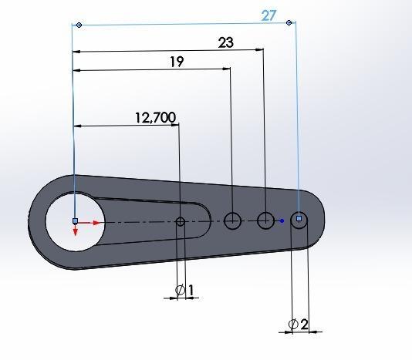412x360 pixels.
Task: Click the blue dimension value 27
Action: [268, 15]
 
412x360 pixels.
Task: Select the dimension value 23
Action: [225, 43]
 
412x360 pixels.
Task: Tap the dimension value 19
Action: [177, 62]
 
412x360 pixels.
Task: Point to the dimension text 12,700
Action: [155, 117]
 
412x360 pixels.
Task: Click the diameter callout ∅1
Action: [184, 290]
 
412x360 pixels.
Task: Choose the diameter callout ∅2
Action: [299, 325]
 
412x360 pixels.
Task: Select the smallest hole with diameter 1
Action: [181, 222]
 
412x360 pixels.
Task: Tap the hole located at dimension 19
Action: [232, 221]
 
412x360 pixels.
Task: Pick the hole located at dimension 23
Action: [265, 221]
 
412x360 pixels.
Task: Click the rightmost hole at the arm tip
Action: [299, 220]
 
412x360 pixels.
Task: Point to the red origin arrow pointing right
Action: [94, 222]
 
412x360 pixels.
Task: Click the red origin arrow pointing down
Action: [75, 234]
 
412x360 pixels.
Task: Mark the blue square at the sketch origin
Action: [75, 221]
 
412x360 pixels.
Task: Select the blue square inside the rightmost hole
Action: [299, 219]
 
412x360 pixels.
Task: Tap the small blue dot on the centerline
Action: [282, 221]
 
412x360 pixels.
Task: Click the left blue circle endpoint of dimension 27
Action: [79, 25]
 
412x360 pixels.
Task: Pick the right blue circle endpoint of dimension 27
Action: [289, 23]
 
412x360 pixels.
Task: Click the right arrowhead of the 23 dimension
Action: [260, 52]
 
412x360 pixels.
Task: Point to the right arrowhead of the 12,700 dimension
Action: [175, 126]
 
